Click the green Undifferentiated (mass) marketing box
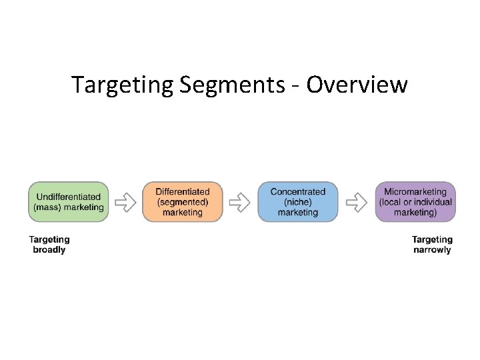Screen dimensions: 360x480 click(68, 201)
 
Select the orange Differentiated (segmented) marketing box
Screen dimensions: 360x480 click(182, 201)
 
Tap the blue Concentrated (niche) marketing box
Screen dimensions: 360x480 click(297, 201)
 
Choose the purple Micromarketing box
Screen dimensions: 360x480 click(415, 201)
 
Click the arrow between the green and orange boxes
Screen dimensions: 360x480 click(125, 201)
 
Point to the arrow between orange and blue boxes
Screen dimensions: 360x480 click(240, 201)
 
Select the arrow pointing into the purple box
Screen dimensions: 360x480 click(357, 201)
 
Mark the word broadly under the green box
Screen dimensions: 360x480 click(49, 250)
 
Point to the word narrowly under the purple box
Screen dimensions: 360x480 click(432, 250)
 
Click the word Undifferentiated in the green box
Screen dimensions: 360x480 click(69, 197)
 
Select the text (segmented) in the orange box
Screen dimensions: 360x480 click(182, 202)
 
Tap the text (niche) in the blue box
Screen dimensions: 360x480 click(298, 202)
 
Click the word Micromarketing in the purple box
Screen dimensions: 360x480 click(415, 192)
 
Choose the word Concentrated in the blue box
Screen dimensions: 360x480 click(298, 192)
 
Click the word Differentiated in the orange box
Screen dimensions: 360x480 click(182, 192)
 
